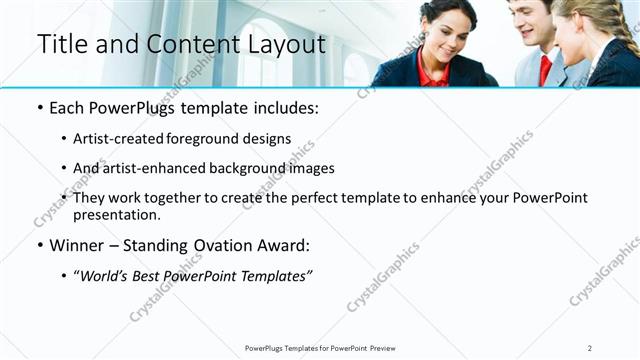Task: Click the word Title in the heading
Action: [x=60, y=45]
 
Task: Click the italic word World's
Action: [x=104, y=275]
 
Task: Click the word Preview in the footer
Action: [x=389, y=348]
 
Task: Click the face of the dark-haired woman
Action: [x=446, y=28]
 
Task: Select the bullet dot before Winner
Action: [x=40, y=245]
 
